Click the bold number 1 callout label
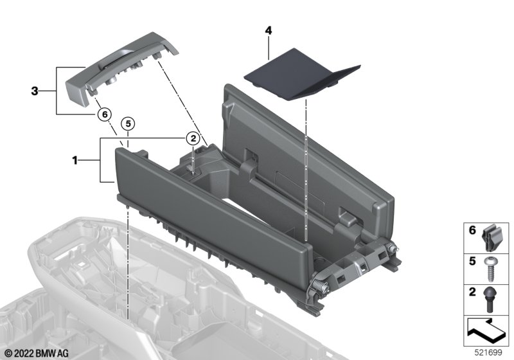(75, 161)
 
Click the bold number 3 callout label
(35, 91)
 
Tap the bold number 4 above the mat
(269, 31)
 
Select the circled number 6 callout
(105, 114)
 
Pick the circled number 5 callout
(128, 123)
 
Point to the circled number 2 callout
(193, 138)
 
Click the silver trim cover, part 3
(121, 66)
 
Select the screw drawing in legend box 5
(491, 269)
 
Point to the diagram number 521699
(488, 353)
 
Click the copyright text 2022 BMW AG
(37, 354)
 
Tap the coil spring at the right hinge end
(392, 248)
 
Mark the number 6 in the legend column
(472, 231)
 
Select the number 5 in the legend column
(472, 261)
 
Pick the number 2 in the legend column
(472, 291)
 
